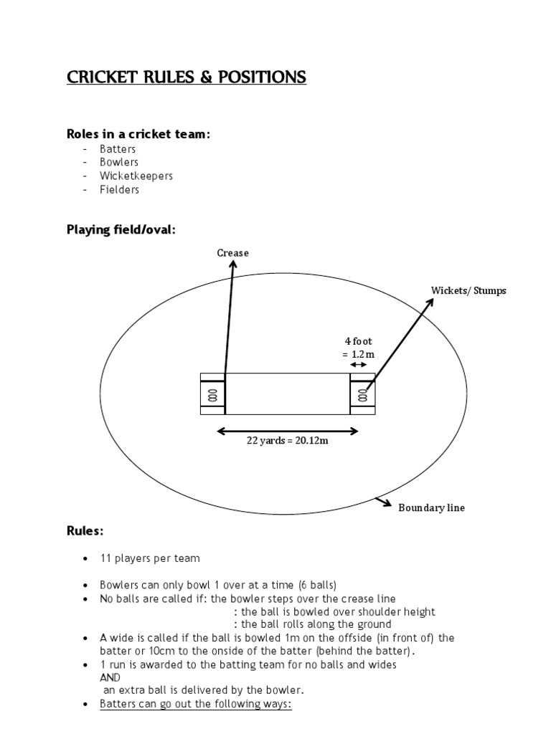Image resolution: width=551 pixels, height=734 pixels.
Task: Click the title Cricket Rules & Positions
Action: click(187, 77)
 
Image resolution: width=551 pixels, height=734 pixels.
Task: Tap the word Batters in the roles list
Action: click(118, 149)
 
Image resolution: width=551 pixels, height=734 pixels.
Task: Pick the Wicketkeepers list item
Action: click(136, 176)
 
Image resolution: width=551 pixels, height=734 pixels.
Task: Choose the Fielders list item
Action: click(120, 190)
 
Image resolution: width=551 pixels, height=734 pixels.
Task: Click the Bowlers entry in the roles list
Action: click(119, 162)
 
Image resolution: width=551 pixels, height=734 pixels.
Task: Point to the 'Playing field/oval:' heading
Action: click(121, 230)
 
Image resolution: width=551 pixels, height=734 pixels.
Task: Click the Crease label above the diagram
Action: click(232, 252)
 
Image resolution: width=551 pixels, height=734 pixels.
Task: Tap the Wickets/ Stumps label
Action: click(468, 290)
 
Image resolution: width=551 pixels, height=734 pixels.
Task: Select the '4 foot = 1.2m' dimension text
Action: click(358, 348)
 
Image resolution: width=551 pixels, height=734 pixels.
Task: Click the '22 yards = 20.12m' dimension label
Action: click(288, 441)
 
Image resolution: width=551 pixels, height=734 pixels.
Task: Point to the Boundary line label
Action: click(432, 507)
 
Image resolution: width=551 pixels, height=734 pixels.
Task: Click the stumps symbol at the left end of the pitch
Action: click(212, 395)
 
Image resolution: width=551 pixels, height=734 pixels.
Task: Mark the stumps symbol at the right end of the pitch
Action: click(363, 395)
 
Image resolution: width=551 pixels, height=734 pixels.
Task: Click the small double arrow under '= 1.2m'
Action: click(358, 365)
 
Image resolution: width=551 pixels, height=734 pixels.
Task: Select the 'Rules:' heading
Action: click(85, 531)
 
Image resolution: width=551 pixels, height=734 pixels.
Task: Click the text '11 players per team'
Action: click(150, 558)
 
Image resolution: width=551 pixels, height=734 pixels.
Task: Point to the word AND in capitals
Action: click(110, 677)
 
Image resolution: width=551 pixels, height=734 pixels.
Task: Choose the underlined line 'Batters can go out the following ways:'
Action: click(196, 704)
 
